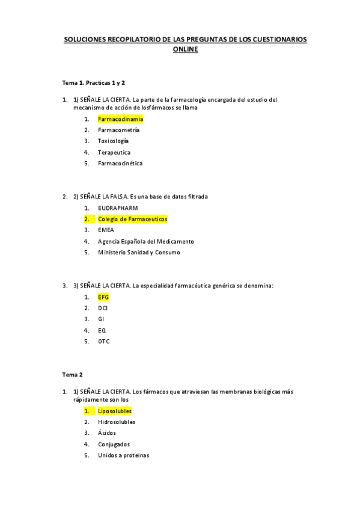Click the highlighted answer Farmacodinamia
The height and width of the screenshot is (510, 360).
[x=120, y=119]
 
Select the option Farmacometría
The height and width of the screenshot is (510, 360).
[x=118, y=130]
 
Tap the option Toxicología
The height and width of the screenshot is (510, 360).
[x=113, y=141]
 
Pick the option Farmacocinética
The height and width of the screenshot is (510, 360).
[x=120, y=163]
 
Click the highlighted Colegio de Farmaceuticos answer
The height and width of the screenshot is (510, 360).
[x=132, y=219]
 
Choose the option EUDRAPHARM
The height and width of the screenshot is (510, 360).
[x=117, y=207]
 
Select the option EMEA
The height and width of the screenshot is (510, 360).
[x=106, y=230]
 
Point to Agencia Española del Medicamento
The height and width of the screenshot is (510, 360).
[x=145, y=241]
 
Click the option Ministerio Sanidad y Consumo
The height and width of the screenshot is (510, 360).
[x=138, y=252]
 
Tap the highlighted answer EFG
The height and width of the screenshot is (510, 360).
[x=103, y=297]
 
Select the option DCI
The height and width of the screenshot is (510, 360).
[x=103, y=308]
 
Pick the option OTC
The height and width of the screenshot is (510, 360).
[x=103, y=341]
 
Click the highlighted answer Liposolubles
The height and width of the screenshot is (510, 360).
[x=115, y=411]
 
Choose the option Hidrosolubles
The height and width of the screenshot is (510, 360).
[x=116, y=422]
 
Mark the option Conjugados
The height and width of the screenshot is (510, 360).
[x=114, y=444]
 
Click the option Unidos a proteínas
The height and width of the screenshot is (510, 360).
[x=123, y=455]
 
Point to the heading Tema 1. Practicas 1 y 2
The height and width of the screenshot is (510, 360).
[x=93, y=82]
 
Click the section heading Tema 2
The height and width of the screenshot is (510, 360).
[x=73, y=374]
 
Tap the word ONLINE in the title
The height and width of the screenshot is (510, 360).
[x=185, y=51]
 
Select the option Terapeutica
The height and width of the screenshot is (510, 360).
[x=114, y=152]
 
